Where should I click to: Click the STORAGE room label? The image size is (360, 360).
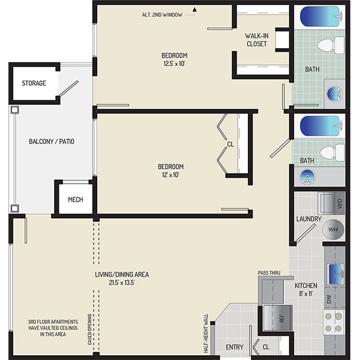pos(34,83)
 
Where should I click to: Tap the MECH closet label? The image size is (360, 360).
pos(76,200)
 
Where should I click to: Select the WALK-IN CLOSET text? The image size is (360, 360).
pos(256,40)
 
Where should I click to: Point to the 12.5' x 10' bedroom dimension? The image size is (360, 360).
pos(174,64)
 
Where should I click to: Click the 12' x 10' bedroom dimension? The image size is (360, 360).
pos(170,175)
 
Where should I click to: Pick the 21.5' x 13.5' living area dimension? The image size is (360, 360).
pos(122,283)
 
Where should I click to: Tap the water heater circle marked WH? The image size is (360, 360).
pos(333,229)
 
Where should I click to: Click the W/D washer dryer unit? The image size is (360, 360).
pos(331,203)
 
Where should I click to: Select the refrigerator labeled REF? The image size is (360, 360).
pos(278,318)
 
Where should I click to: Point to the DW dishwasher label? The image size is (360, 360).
pos(329,299)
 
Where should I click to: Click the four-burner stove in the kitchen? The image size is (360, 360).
pos(334,322)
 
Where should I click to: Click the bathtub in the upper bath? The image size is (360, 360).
pos(321,17)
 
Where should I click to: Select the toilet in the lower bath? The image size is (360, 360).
pos(332,152)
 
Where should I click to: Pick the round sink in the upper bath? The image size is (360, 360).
pos(334,94)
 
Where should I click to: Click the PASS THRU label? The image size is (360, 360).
pos(269,273)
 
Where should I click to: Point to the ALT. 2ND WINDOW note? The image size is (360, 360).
pos(162,15)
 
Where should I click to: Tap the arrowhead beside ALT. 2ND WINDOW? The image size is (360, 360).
pos(194,10)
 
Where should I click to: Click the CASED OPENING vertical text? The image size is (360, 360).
pos(89,329)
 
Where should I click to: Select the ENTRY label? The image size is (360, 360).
pos(235,347)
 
